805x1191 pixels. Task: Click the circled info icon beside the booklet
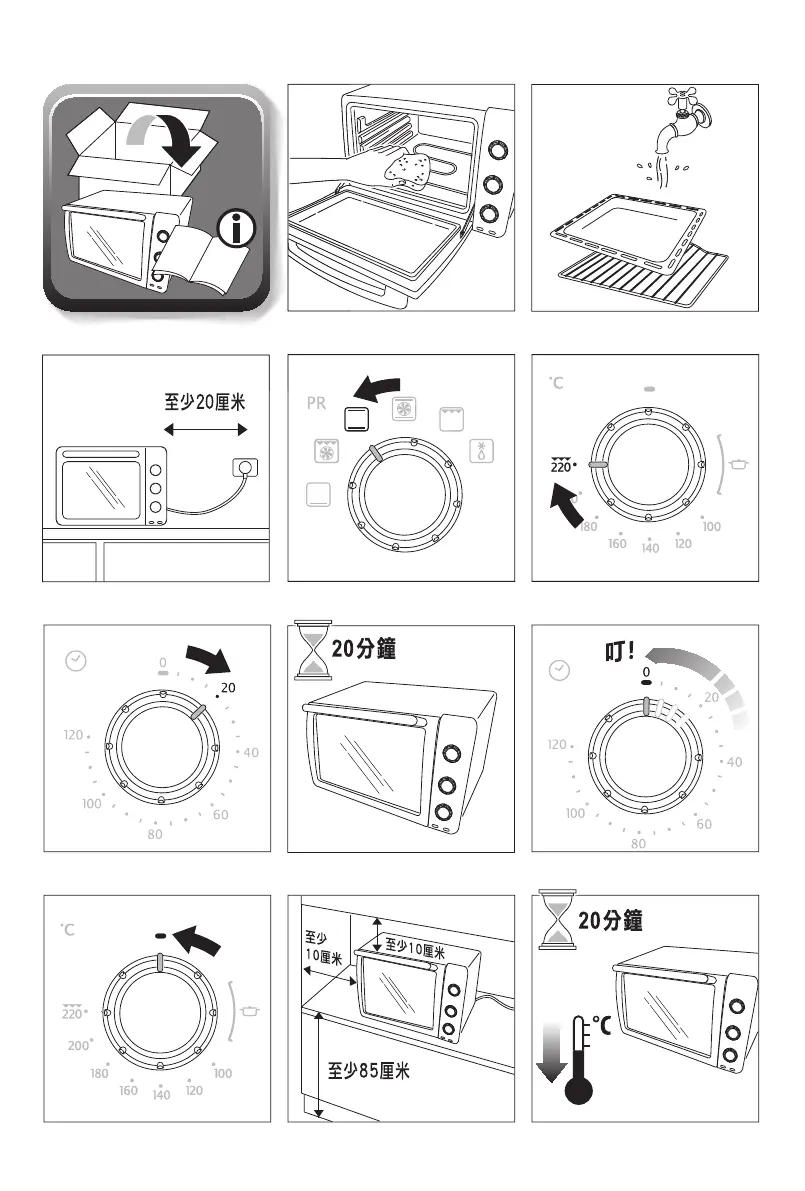click(236, 231)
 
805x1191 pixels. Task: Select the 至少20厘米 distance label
click(205, 403)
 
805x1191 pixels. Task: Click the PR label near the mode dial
click(316, 405)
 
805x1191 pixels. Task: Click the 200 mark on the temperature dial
click(79, 1045)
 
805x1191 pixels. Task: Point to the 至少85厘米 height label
click(369, 1071)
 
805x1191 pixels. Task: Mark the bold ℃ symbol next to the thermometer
click(603, 1026)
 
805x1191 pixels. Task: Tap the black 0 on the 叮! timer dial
click(647, 673)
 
